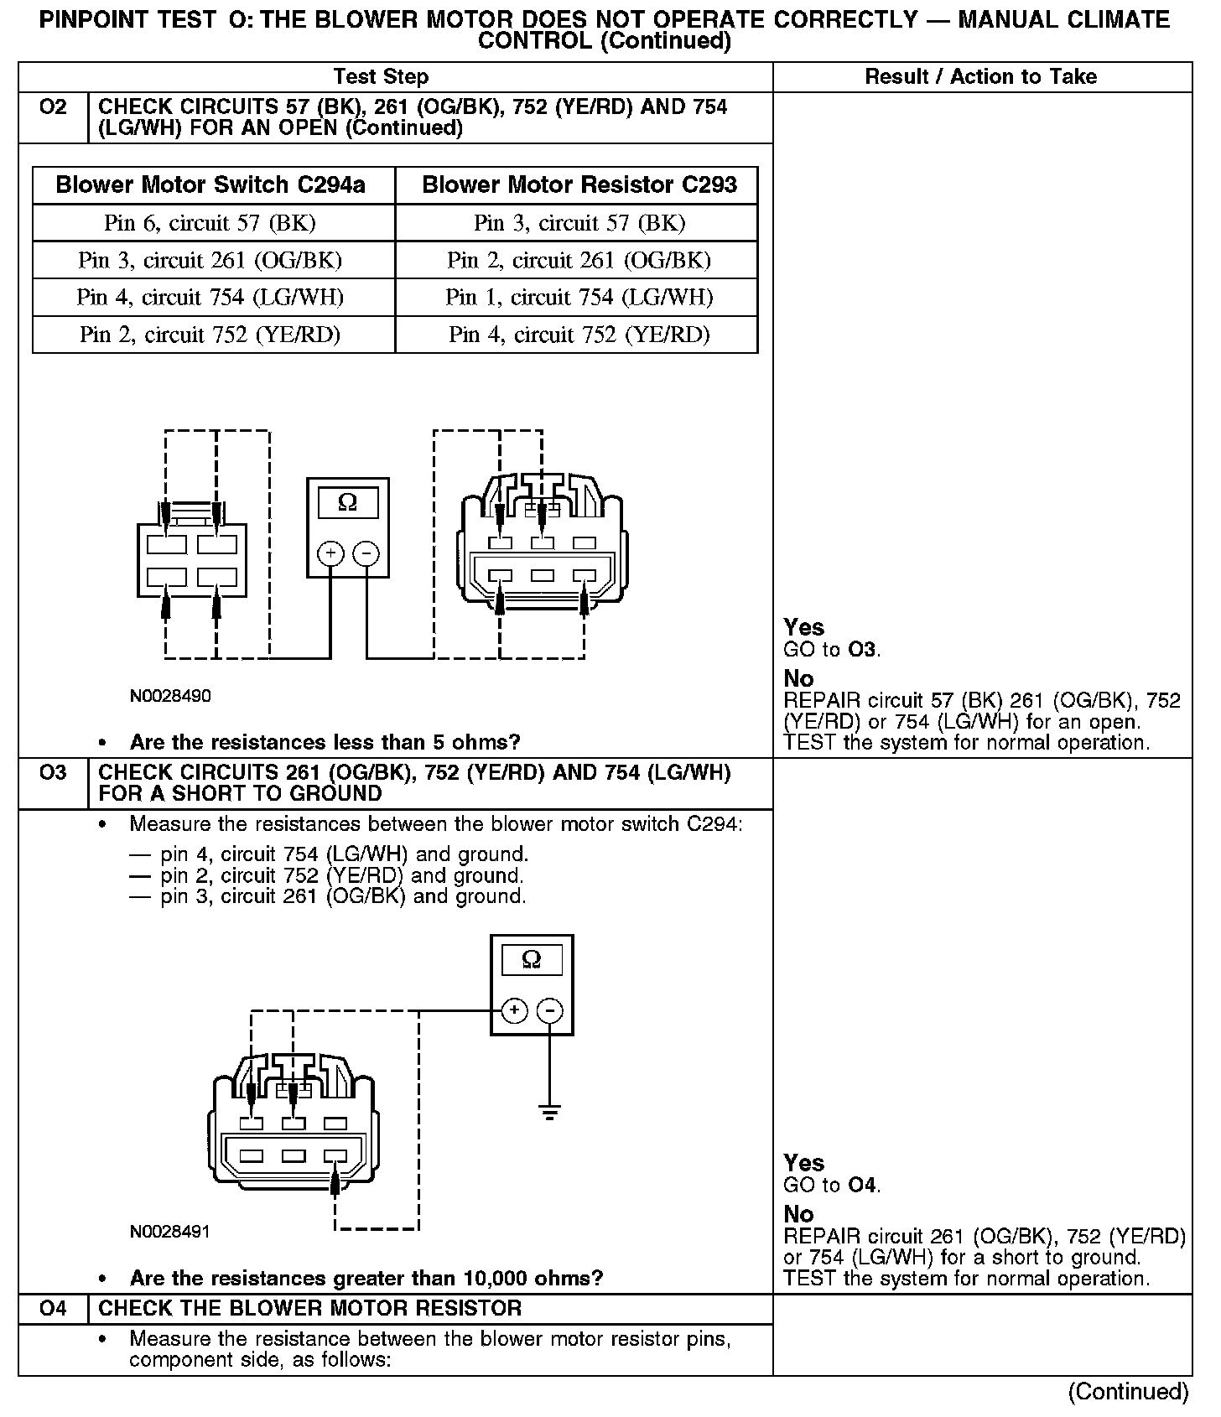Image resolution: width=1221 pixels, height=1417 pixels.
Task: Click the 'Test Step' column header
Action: (x=381, y=77)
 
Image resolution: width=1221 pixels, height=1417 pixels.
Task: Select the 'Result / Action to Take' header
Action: (x=980, y=77)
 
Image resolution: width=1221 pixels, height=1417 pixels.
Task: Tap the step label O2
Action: (x=53, y=107)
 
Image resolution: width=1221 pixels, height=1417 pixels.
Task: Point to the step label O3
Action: (x=53, y=772)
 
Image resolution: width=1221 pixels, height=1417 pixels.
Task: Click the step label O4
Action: (x=53, y=1308)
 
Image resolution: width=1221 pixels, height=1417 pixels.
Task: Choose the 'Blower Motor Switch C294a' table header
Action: (x=210, y=185)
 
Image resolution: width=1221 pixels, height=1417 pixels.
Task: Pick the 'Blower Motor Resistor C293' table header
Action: (x=579, y=185)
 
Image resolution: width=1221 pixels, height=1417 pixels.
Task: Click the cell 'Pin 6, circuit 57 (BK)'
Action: (x=210, y=223)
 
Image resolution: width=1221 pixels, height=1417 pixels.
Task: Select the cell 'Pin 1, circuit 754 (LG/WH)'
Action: (x=579, y=298)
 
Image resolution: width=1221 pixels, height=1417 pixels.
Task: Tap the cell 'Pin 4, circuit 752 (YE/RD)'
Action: (x=579, y=335)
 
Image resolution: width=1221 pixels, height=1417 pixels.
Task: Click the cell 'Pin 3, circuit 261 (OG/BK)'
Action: (x=210, y=260)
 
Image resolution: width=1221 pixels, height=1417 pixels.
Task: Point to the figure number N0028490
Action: (x=170, y=696)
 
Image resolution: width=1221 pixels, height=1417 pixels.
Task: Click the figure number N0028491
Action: (x=170, y=1232)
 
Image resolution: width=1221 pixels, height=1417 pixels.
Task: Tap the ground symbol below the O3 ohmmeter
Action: (x=550, y=1113)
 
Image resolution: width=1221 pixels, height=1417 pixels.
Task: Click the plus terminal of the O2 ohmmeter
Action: (x=330, y=553)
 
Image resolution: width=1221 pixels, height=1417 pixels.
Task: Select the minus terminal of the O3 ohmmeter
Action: (x=550, y=1010)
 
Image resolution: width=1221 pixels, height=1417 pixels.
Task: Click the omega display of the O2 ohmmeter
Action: (x=347, y=503)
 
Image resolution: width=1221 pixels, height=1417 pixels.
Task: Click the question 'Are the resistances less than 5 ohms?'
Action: (x=325, y=742)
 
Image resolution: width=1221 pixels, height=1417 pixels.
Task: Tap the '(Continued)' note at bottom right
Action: (x=1128, y=1392)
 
